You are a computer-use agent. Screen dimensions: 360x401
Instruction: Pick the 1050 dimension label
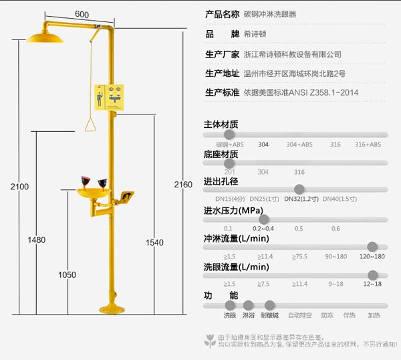coord(67,274)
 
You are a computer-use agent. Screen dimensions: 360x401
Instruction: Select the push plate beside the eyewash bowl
coord(127,197)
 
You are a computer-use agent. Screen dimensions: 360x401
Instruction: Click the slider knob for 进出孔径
coord(299,189)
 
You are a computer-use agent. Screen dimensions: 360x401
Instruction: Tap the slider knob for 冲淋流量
coord(372,247)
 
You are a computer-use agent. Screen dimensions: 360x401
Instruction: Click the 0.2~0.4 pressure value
coord(263,228)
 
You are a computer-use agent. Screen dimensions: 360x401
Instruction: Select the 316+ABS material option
coord(368,145)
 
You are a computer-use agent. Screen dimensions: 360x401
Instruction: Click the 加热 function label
coord(373,314)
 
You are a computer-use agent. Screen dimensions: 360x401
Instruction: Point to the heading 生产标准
coord(221,92)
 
